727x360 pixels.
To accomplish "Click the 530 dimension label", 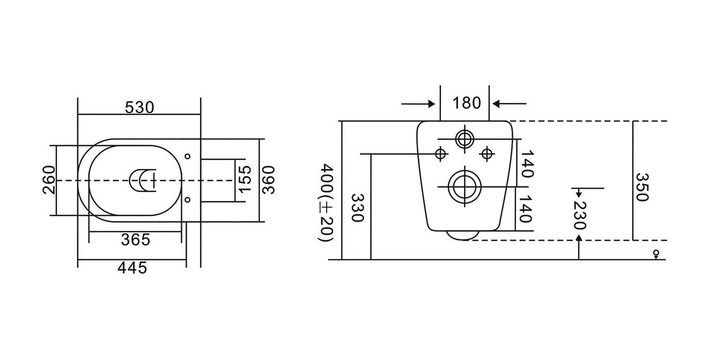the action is tap(139, 108).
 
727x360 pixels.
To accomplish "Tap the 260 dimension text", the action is tap(49, 180).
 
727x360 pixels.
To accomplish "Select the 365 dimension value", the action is tap(136, 240).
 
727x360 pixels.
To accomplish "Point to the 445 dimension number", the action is tap(132, 268).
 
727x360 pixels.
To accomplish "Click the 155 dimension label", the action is tap(245, 179).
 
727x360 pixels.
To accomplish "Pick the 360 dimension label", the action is tap(268, 180).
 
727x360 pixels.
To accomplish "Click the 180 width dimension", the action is tap(467, 103).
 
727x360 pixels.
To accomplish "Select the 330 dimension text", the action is tap(357, 208).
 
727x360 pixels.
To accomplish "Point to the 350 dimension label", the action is tap(642, 187).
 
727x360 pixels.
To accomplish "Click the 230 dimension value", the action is tap(579, 216).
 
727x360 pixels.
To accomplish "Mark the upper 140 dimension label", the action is tap(527, 164).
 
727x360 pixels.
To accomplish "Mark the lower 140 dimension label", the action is tap(525, 209).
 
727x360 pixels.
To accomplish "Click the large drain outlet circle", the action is tap(465, 187).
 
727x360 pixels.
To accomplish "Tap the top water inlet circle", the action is tap(465, 139).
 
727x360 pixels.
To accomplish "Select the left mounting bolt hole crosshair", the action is tap(441, 154).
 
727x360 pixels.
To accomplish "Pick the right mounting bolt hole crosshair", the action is tap(486, 154).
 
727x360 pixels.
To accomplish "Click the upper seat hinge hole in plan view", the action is tap(187, 156).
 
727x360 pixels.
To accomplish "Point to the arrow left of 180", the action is tap(418, 104).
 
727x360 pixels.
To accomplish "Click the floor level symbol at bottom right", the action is tap(656, 254).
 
